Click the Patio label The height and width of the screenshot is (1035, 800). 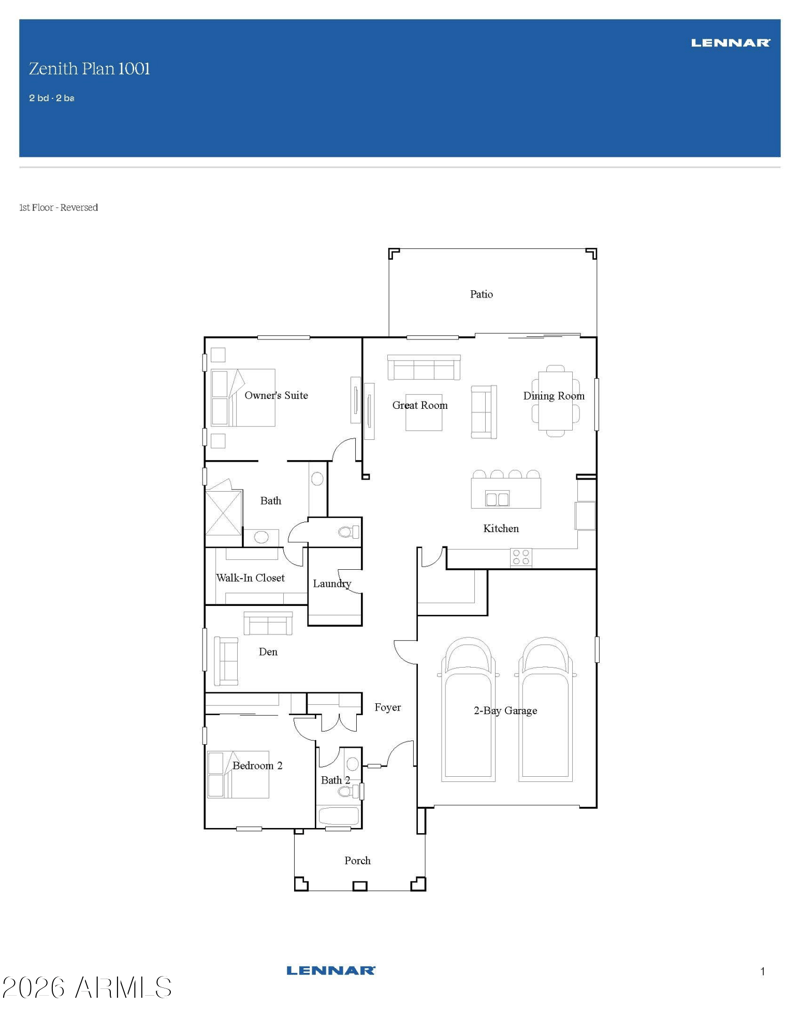pos(481,294)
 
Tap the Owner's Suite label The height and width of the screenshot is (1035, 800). pos(276,395)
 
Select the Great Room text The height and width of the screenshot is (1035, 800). pos(420,405)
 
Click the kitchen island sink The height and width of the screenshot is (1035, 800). pos(497,498)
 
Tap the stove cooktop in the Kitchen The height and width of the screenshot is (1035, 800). pos(521,557)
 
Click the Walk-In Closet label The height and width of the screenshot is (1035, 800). pos(250,578)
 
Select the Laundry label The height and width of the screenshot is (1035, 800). pos(332,584)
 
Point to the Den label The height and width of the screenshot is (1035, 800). pos(268,651)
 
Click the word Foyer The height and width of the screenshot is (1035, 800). pos(387,708)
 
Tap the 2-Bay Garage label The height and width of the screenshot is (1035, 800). pos(505,711)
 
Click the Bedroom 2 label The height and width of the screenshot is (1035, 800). pos(257,766)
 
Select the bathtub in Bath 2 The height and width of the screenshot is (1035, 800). pos(339,817)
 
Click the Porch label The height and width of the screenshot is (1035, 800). pos(357,861)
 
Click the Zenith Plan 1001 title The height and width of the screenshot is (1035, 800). pos(89,69)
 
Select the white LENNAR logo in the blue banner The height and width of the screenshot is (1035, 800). pos(731,43)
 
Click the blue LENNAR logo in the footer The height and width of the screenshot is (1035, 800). pos(331,970)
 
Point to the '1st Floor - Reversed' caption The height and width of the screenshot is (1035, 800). pos(59,207)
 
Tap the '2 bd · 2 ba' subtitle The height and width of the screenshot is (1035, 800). pos(51,98)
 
